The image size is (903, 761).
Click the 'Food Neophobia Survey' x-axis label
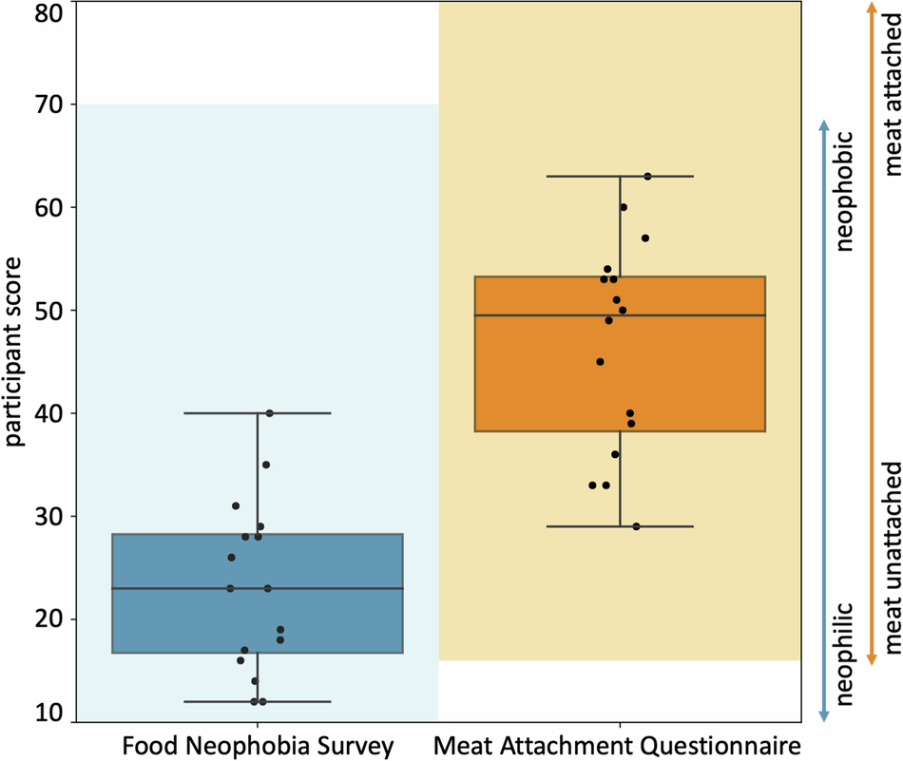(258, 745)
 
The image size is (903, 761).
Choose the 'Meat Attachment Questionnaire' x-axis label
(619, 745)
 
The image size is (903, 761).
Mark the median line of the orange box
(620, 314)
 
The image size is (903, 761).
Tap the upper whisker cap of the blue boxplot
(258, 413)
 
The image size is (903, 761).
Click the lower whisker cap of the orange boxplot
(620, 526)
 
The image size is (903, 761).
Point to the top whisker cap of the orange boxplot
(620, 176)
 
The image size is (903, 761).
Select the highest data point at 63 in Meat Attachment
(647, 176)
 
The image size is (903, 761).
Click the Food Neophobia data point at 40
(270, 413)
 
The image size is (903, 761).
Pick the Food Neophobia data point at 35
(266, 465)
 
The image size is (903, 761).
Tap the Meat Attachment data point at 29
(636, 526)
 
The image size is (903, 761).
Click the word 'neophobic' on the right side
(846, 193)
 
